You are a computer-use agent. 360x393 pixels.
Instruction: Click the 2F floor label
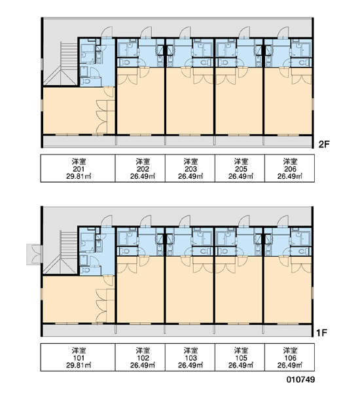[x=324, y=144]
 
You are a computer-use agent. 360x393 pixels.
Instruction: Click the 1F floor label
[x=321, y=333]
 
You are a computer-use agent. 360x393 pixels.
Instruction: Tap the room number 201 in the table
[x=79, y=169]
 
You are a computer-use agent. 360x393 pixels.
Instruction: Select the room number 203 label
[x=190, y=169]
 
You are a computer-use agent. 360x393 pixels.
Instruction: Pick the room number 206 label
[x=290, y=169]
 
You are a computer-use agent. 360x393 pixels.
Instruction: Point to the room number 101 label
[x=79, y=358]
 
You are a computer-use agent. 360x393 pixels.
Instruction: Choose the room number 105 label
[x=241, y=358]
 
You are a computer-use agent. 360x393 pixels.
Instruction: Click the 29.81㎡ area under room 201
[x=79, y=176]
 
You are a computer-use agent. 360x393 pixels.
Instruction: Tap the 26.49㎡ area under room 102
[x=143, y=365]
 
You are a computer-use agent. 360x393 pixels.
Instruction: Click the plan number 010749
[x=300, y=379]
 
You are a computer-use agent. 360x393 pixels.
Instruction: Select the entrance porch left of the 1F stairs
[x=35, y=254]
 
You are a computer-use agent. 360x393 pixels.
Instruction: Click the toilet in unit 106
[x=304, y=251]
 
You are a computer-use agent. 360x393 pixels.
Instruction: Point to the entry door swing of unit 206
[x=283, y=32]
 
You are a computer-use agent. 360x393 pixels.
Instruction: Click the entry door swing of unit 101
[x=107, y=221]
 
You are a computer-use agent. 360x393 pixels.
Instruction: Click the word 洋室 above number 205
[x=241, y=162]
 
